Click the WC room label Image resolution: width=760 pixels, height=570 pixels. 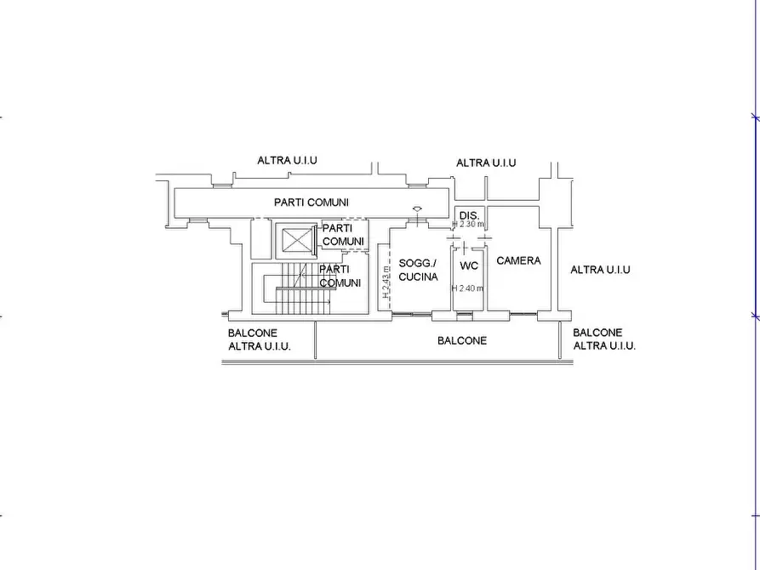click(x=469, y=265)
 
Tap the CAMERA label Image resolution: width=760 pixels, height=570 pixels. click(x=518, y=260)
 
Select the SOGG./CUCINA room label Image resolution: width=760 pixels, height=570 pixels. click(x=418, y=270)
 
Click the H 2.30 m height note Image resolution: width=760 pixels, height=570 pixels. click(x=468, y=225)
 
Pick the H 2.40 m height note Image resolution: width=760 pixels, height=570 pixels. click(x=467, y=288)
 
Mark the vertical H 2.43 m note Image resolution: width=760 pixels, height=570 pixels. click(x=386, y=280)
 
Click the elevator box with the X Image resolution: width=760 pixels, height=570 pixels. click(x=297, y=241)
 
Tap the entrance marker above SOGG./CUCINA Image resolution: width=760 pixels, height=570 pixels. click(x=416, y=209)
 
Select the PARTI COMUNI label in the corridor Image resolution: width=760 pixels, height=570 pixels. click(x=311, y=202)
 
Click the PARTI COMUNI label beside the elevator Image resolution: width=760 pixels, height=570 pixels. click(x=343, y=235)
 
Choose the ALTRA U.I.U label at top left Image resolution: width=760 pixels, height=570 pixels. click(x=293, y=160)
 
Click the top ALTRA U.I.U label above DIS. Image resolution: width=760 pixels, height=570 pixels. click(x=486, y=162)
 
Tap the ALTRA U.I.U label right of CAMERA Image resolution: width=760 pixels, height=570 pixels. click(x=600, y=270)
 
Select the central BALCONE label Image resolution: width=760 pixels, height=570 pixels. click(x=462, y=340)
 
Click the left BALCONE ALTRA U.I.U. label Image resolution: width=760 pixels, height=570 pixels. click(x=260, y=339)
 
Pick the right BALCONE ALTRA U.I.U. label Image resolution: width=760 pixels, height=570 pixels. click(x=604, y=339)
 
